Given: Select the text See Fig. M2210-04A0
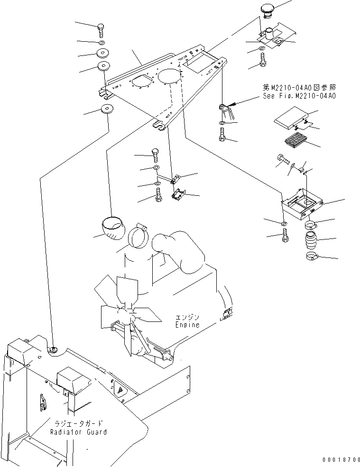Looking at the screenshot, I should pyautogui.click(x=299, y=96).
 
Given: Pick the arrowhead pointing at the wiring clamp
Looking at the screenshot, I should pyautogui.click(x=231, y=107).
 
